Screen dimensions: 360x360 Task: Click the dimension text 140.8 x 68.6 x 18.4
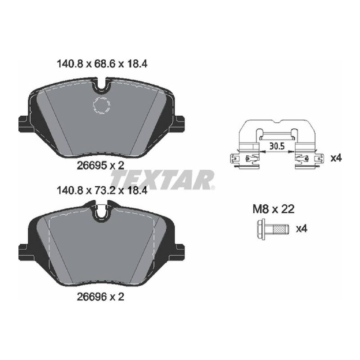point(102,64)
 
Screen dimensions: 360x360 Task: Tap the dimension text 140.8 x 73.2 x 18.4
point(102,190)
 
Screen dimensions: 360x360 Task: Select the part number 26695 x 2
point(100,165)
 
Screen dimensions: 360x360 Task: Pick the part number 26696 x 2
point(100,297)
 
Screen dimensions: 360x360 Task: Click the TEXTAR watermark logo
point(162,180)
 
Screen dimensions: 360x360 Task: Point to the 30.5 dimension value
point(277,146)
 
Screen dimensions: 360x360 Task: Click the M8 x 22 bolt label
point(273,209)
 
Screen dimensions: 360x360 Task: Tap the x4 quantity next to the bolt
point(301,229)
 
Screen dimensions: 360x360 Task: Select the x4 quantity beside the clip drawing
point(336,158)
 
